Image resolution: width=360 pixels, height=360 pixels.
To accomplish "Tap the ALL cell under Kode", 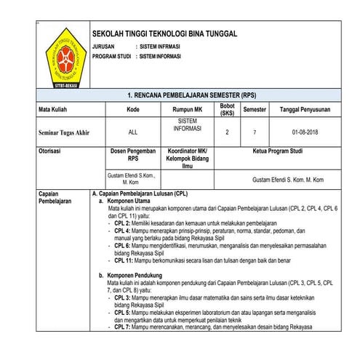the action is point(132,133).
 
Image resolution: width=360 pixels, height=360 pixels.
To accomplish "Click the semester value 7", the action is point(255,133).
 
